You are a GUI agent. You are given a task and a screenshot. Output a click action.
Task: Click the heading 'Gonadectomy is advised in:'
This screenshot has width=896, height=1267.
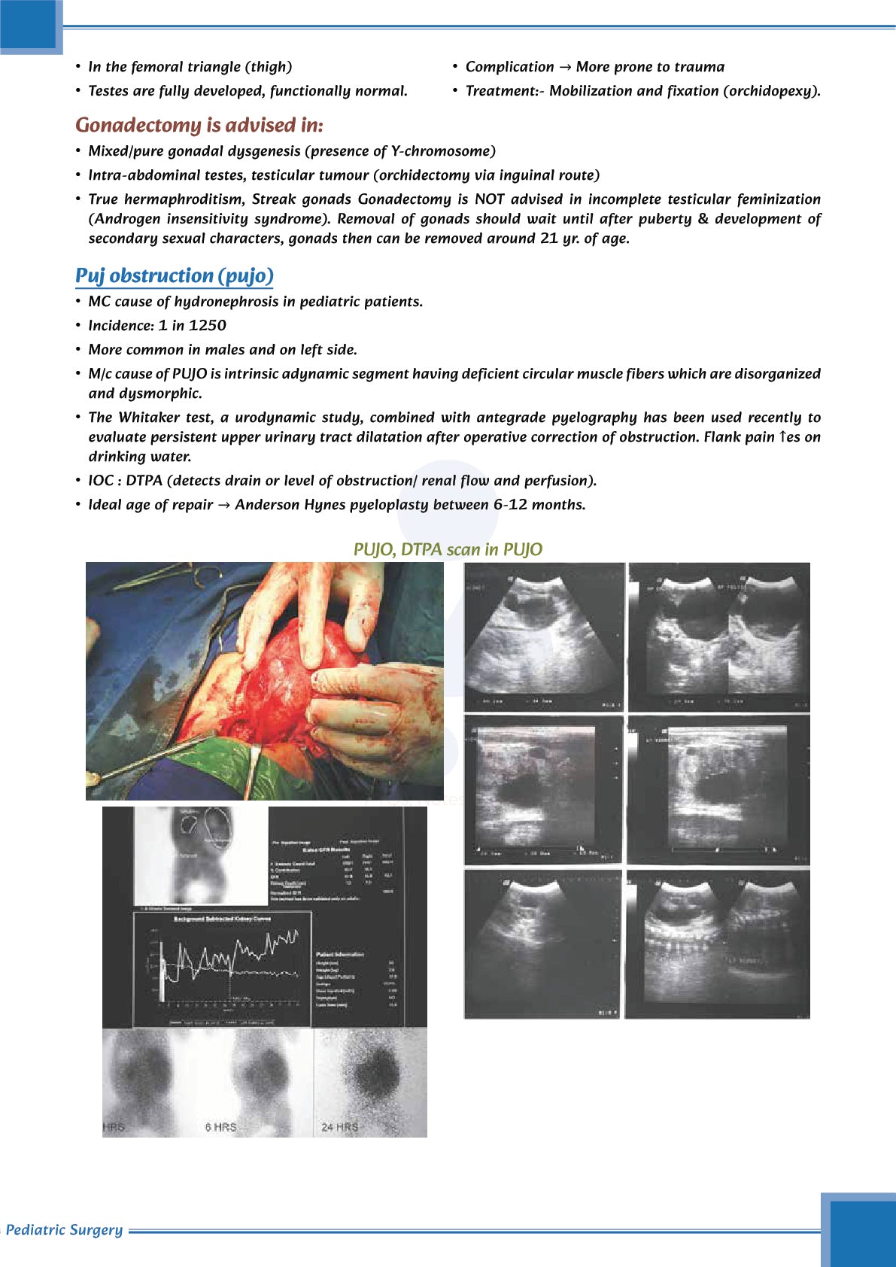199,125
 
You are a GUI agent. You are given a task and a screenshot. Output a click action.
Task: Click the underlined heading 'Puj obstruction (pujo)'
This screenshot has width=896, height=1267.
174,276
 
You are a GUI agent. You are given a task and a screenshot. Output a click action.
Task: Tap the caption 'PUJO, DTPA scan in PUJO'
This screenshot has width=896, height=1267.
448,550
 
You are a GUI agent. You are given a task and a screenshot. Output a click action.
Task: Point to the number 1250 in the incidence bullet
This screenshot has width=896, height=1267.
207,326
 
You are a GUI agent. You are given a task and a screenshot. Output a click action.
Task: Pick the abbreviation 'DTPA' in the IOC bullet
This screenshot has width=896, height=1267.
145,481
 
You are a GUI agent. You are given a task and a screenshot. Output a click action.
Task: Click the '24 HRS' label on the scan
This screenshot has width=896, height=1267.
339,1127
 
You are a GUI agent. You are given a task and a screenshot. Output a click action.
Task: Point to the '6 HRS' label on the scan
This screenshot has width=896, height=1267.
220,1127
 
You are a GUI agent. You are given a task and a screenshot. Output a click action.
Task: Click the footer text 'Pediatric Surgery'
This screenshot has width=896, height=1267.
64,1230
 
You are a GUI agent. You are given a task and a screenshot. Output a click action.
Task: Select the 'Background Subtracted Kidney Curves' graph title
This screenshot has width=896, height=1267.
223,919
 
